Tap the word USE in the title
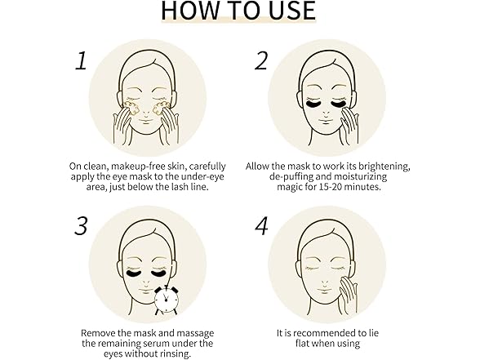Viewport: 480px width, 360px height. [292, 11]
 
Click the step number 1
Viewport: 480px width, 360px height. [82, 61]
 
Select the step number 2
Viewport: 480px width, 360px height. [261, 60]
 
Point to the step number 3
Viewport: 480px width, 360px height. [81, 226]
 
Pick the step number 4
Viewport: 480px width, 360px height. [262, 226]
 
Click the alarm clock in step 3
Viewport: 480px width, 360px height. [166, 300]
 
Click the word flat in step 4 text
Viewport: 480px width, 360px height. [301, 343]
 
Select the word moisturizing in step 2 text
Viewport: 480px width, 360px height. [360, 176]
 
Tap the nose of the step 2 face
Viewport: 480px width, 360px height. [327, 114]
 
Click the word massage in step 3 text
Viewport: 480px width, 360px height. [195, 333]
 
